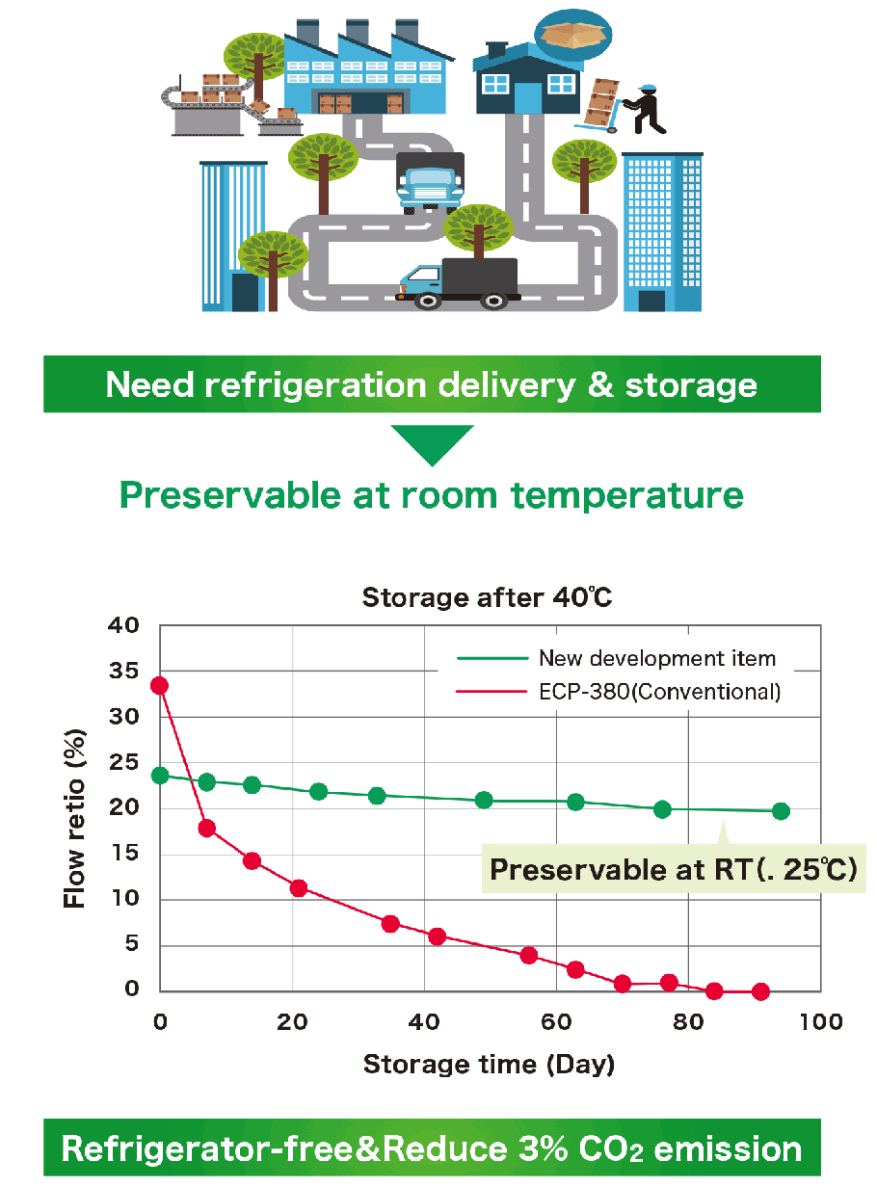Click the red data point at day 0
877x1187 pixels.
(160, 686)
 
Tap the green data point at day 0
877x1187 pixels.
(160, 776)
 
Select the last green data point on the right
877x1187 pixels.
(781, 811)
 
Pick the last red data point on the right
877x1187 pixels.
(760, 991)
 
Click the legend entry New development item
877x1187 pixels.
(616, 658)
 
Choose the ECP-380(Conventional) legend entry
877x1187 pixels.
(619, 692)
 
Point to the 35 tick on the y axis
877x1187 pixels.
(123, 671)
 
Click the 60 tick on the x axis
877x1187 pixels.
(556, 1022)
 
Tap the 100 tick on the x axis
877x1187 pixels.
(821, 1022)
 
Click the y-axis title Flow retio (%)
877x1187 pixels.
(74, 818)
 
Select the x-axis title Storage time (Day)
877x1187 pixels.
(489, 1065)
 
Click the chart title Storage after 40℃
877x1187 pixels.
(488, 597)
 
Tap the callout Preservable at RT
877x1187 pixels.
(674, 869)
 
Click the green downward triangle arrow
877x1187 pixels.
(432, 442)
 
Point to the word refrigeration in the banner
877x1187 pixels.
(315, 385)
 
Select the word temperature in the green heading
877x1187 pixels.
(627, 495)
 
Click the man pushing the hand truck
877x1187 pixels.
(645, 110)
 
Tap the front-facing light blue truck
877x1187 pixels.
(430, 183)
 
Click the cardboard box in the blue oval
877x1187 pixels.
(572, 35)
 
